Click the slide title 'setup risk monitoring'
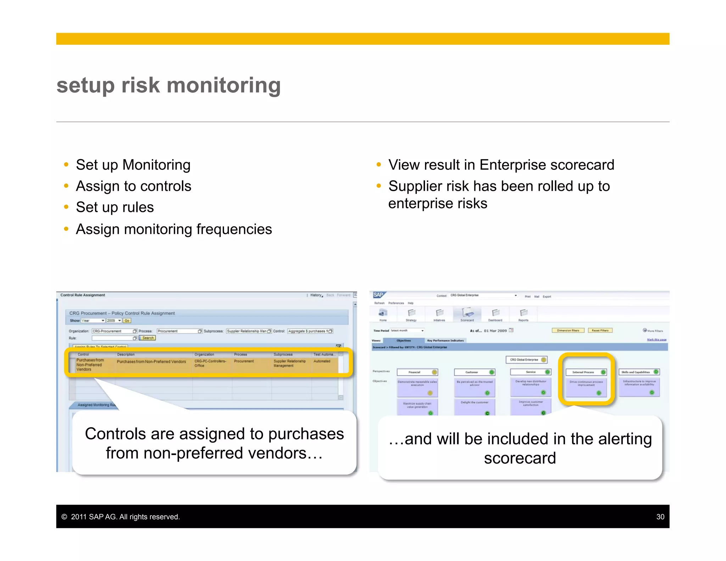click(168, 85)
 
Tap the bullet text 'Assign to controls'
click(133, 186)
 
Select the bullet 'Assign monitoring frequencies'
click(174, 229)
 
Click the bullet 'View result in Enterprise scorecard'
click(501, 165)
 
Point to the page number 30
click(660, 517)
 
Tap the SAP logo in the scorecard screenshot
click(378, 295)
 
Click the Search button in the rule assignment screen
click(148, 338)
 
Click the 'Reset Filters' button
click(600, 330)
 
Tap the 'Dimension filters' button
click(568, 330)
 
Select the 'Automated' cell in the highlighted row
click(322, 361)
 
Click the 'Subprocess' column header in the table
click(283, 354)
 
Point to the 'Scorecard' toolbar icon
click(467, 314)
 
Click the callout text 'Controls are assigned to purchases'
click(214, 434)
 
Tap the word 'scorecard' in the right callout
click(520, 458)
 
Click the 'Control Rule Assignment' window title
click(83, 295)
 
